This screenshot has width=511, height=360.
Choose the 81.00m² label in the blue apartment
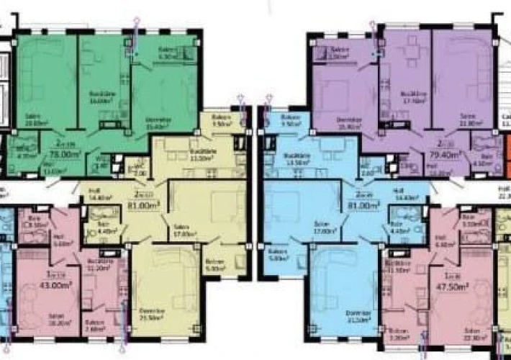coord(367,204)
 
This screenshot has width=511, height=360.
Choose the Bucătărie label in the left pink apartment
coord(97,264)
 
